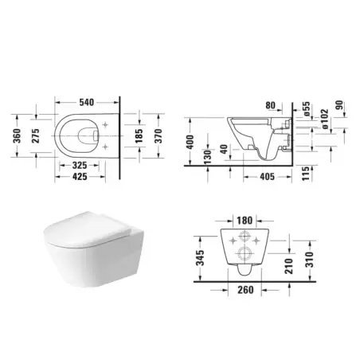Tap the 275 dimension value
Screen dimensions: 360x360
coord(36,135)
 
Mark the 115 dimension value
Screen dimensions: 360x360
coord(306,171)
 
